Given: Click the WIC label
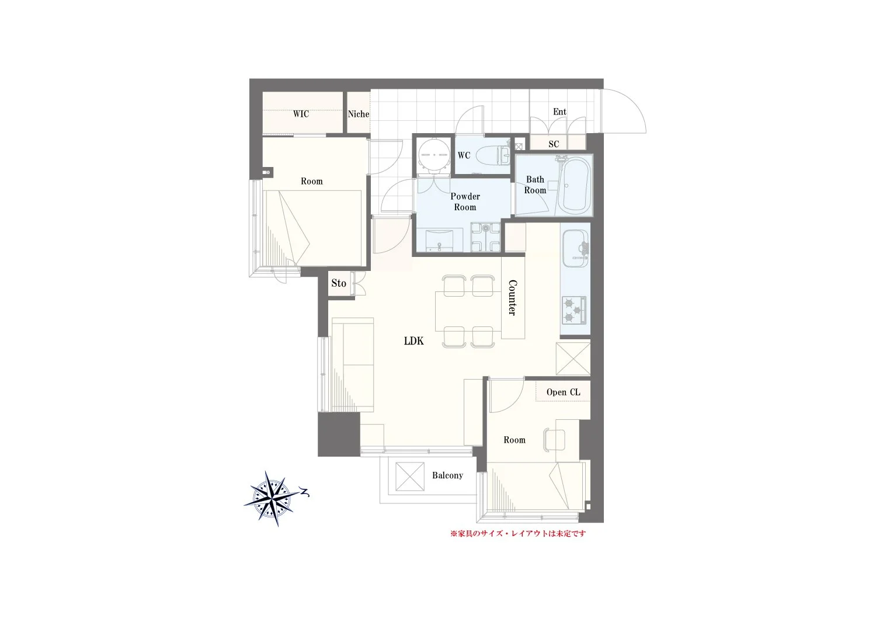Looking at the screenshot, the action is [x=301, y=114].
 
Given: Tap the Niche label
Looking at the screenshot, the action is [x=358, y=114].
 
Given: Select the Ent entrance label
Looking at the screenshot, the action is [x=559, y=112].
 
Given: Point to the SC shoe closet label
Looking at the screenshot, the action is [x=554, y=144].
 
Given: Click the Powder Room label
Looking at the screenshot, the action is [x=465, y=202].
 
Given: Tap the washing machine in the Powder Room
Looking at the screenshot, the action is [x=485, y=237].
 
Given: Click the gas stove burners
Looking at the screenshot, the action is [x=574, y=311].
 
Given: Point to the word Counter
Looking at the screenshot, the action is [x=512, y=298].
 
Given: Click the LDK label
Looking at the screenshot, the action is [x=413, y=341].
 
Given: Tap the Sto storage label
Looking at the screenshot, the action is [x=339, y=283].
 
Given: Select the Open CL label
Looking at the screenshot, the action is [x=563, y=392].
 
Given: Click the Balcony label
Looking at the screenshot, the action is [x=447, y=475].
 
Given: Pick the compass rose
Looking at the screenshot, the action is [x=274, y=499].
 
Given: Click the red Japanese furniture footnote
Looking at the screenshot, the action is [x=518, y=533].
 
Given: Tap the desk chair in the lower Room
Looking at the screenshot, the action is [x=554, y=440].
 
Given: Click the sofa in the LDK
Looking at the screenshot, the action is [x=353, y=364].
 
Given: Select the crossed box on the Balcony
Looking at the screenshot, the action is [x=410, y=477].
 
